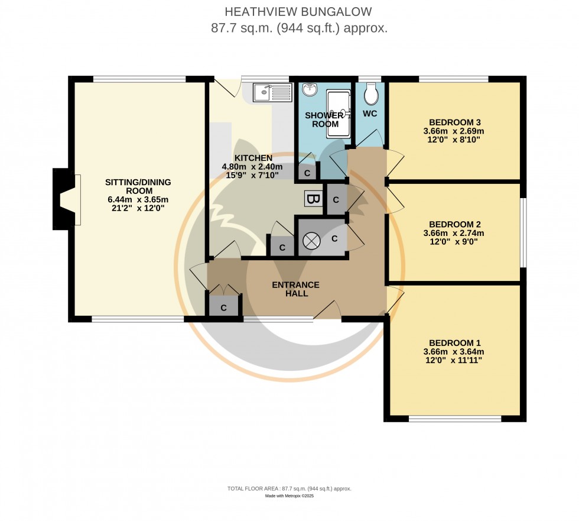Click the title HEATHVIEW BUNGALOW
pos(299,12)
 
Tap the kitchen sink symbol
pos(272,92)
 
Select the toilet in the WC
pos(371,93)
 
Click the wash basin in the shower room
pos(310,90)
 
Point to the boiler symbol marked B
pos(313,199)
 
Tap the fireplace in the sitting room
pos(66,199)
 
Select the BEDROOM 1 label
pos(454,343)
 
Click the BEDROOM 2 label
pos(454,225)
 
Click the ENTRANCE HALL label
pos(295,289)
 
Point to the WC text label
pos(370,113)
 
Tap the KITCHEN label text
pos(253,158)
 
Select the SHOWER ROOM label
pos(324,119)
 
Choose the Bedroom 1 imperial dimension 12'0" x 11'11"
pos(454,360)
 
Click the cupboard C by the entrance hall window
pos(224,308)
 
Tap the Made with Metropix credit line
pos(289,496)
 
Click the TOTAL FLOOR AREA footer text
pos(289,488)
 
